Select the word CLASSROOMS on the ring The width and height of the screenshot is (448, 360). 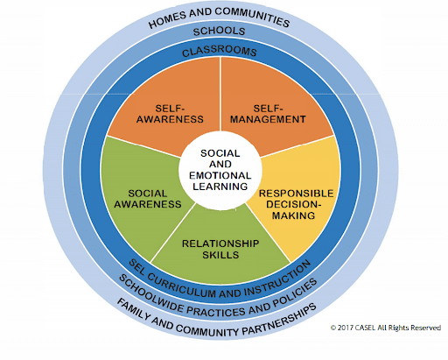click(220, 52)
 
